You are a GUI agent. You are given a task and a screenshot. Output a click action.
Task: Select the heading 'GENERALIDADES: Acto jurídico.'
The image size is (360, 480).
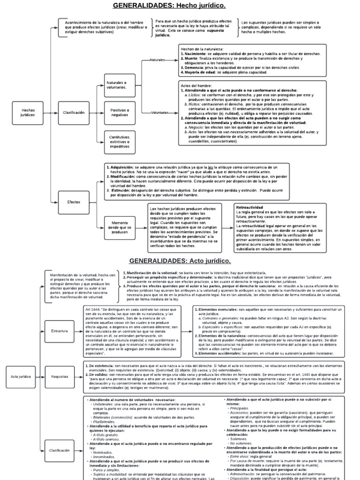[180, 261]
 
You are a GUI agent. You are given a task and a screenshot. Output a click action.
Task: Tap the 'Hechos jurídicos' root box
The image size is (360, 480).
[28, 112]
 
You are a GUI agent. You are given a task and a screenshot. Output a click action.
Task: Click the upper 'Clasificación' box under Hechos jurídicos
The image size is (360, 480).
[74, 112]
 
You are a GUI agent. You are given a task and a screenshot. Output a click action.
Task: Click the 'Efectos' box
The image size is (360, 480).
[74, 202]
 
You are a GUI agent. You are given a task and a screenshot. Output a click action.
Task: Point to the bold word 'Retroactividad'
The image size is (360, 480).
[250, 207]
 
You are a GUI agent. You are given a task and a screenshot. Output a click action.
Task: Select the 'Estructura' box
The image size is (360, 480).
[60, 331]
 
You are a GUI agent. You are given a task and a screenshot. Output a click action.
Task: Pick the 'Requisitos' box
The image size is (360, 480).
[60, 390]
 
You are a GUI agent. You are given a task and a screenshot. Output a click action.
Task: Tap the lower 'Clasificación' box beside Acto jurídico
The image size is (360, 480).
[60, 450]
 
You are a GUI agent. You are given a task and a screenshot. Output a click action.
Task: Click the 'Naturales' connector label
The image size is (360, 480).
[157, 60]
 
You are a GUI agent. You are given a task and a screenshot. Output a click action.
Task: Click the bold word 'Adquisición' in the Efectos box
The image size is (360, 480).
[122, 167]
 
